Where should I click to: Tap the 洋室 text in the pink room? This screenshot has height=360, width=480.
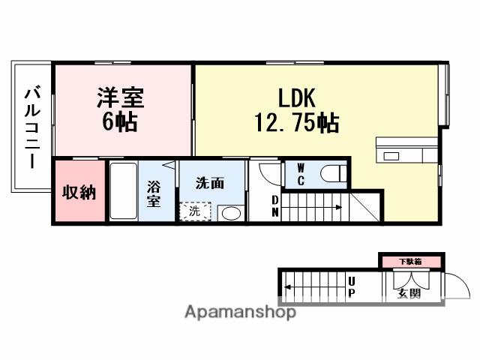pos(120,97)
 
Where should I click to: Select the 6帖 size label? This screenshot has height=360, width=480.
pos(120,122)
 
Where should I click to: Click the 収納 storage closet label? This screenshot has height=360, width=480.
pos(79,192)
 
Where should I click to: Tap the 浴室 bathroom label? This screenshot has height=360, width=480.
pos(154,193)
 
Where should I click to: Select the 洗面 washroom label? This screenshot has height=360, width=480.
pos(210,182)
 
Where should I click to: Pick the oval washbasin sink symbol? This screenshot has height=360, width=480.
pos(232,214)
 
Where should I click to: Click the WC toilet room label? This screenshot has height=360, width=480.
pos(300,174)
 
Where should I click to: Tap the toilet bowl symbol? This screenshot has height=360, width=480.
pos(333,174)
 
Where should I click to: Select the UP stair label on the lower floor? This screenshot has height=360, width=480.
pos(351,286)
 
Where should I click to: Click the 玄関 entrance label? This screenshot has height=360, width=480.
pos(409,292)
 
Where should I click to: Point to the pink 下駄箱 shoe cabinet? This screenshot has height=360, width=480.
pos(409,261)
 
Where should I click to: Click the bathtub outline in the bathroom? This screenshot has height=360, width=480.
pos(123,192)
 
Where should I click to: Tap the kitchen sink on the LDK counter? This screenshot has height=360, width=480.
pos(391,156)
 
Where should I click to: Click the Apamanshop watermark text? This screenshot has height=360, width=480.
pos(240,312)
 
